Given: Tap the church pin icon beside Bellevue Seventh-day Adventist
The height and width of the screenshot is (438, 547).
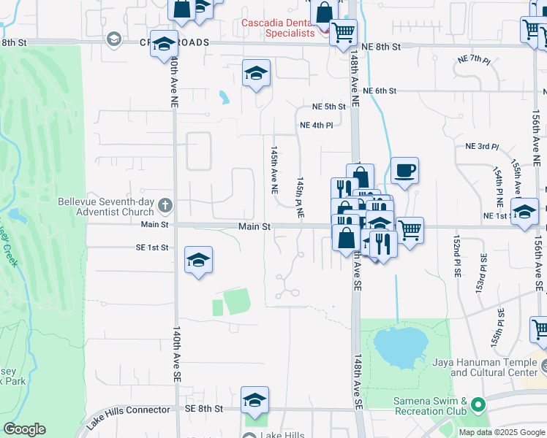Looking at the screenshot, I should click(x=166, y=206).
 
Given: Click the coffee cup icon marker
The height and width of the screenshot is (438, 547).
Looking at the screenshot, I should click(x=404, y=172).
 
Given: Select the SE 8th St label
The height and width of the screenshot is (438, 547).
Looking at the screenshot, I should click(x=203, y=409).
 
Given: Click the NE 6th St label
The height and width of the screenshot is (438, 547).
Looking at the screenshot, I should click(x=379, y=91).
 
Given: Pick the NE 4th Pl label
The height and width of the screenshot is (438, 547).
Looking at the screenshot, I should click(x=317, y=125).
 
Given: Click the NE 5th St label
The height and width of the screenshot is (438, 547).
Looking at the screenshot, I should click(x=328, y=107).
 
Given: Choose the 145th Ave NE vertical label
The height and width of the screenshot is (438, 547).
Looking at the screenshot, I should click(x=274, y=169).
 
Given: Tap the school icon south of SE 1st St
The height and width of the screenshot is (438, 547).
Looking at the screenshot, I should click(x=198, y=261).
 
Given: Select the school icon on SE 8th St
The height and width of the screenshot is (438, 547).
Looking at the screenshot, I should click(x=254, y=401).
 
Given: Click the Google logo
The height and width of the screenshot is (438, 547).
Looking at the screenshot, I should click(x=25, y=429).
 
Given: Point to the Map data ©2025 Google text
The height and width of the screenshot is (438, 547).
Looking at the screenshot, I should click(x=501, y=432).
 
